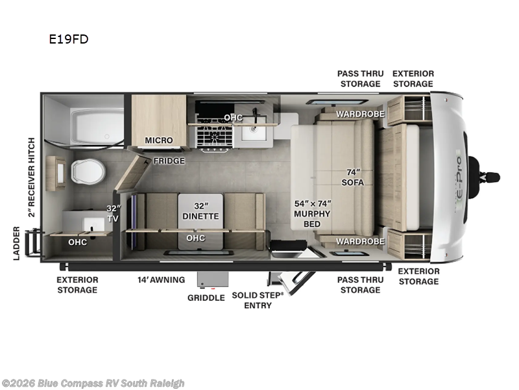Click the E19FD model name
click(x=69, y=39)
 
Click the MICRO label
click(x=159, y=140)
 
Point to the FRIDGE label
click(x=169, y=161)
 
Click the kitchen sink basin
click(x=254, y=129)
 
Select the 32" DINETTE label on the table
click(x=200, y=211)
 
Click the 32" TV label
click(x=113, y=214)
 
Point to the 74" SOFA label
click(x=353, y=177)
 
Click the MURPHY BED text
click(x=312, y=219)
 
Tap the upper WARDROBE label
click(x=361, y=114)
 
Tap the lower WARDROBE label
click(x=361, y=241)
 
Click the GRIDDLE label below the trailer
click(x=206, y=298)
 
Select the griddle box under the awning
click(x=213, y=279)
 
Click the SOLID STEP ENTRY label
click(x=258, y=300)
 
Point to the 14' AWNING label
click(x=161, y=280)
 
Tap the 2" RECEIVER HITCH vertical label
click(x=31, y=177)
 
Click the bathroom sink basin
click(x=93, y=224)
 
